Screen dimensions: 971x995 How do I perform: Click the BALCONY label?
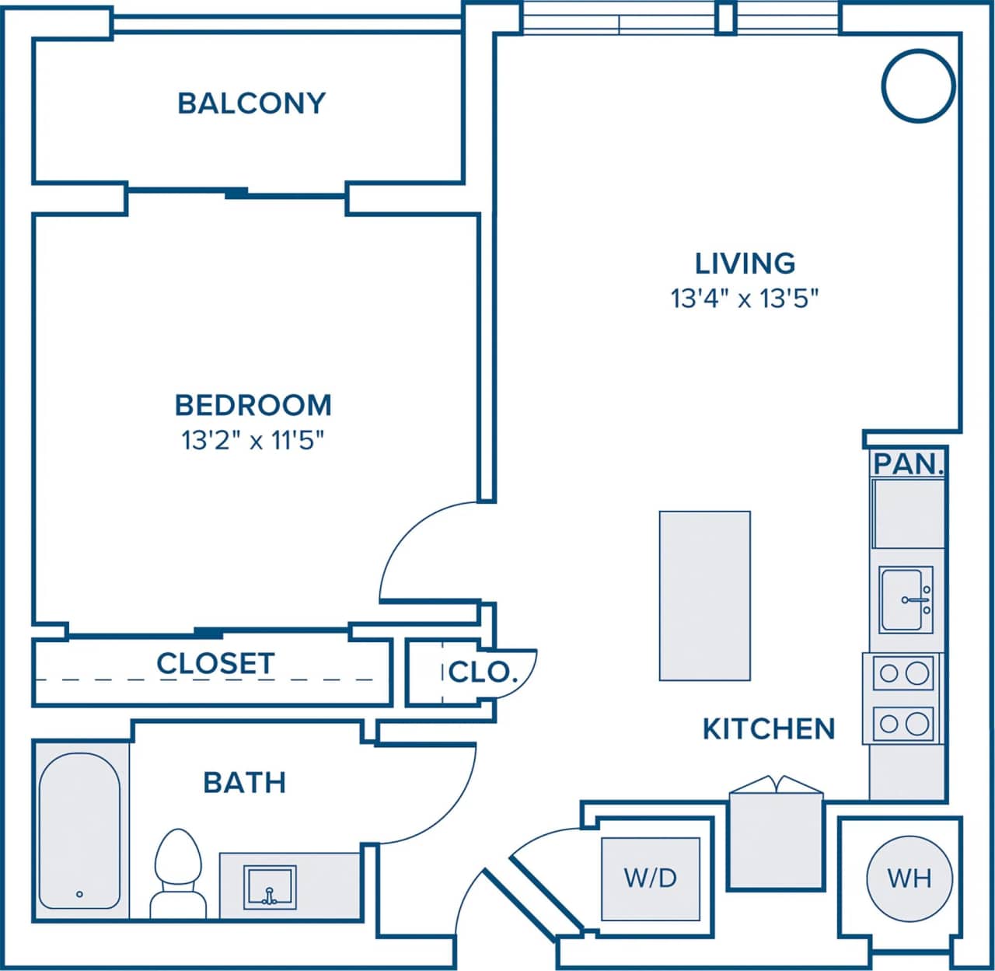pos(251,103)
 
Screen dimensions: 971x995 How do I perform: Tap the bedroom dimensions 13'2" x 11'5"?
pos(253,441)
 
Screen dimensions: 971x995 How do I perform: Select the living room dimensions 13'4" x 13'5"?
pos(745,298)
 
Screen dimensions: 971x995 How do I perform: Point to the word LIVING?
pos(745,264)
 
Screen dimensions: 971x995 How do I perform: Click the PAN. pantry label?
pos(908,464)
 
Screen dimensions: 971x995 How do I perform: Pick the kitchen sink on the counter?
pos(906,599)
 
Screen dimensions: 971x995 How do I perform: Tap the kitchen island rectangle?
pos(704,596)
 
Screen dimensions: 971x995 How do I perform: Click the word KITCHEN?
pos(768,729)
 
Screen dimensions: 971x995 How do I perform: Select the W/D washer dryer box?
pos(651,878)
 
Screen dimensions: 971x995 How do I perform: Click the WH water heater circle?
pos(909,878)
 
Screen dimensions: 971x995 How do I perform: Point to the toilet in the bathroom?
pos(177,871)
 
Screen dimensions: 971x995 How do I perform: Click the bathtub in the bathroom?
pos(79,830)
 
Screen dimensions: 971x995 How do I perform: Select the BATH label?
pos(244,782)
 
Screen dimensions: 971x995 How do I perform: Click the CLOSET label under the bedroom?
pos(215,664)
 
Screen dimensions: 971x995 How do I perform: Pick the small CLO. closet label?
pos(482,672)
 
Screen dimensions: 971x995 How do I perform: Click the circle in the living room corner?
pos(917,86)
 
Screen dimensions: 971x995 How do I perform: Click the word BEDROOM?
pos(253,405)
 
